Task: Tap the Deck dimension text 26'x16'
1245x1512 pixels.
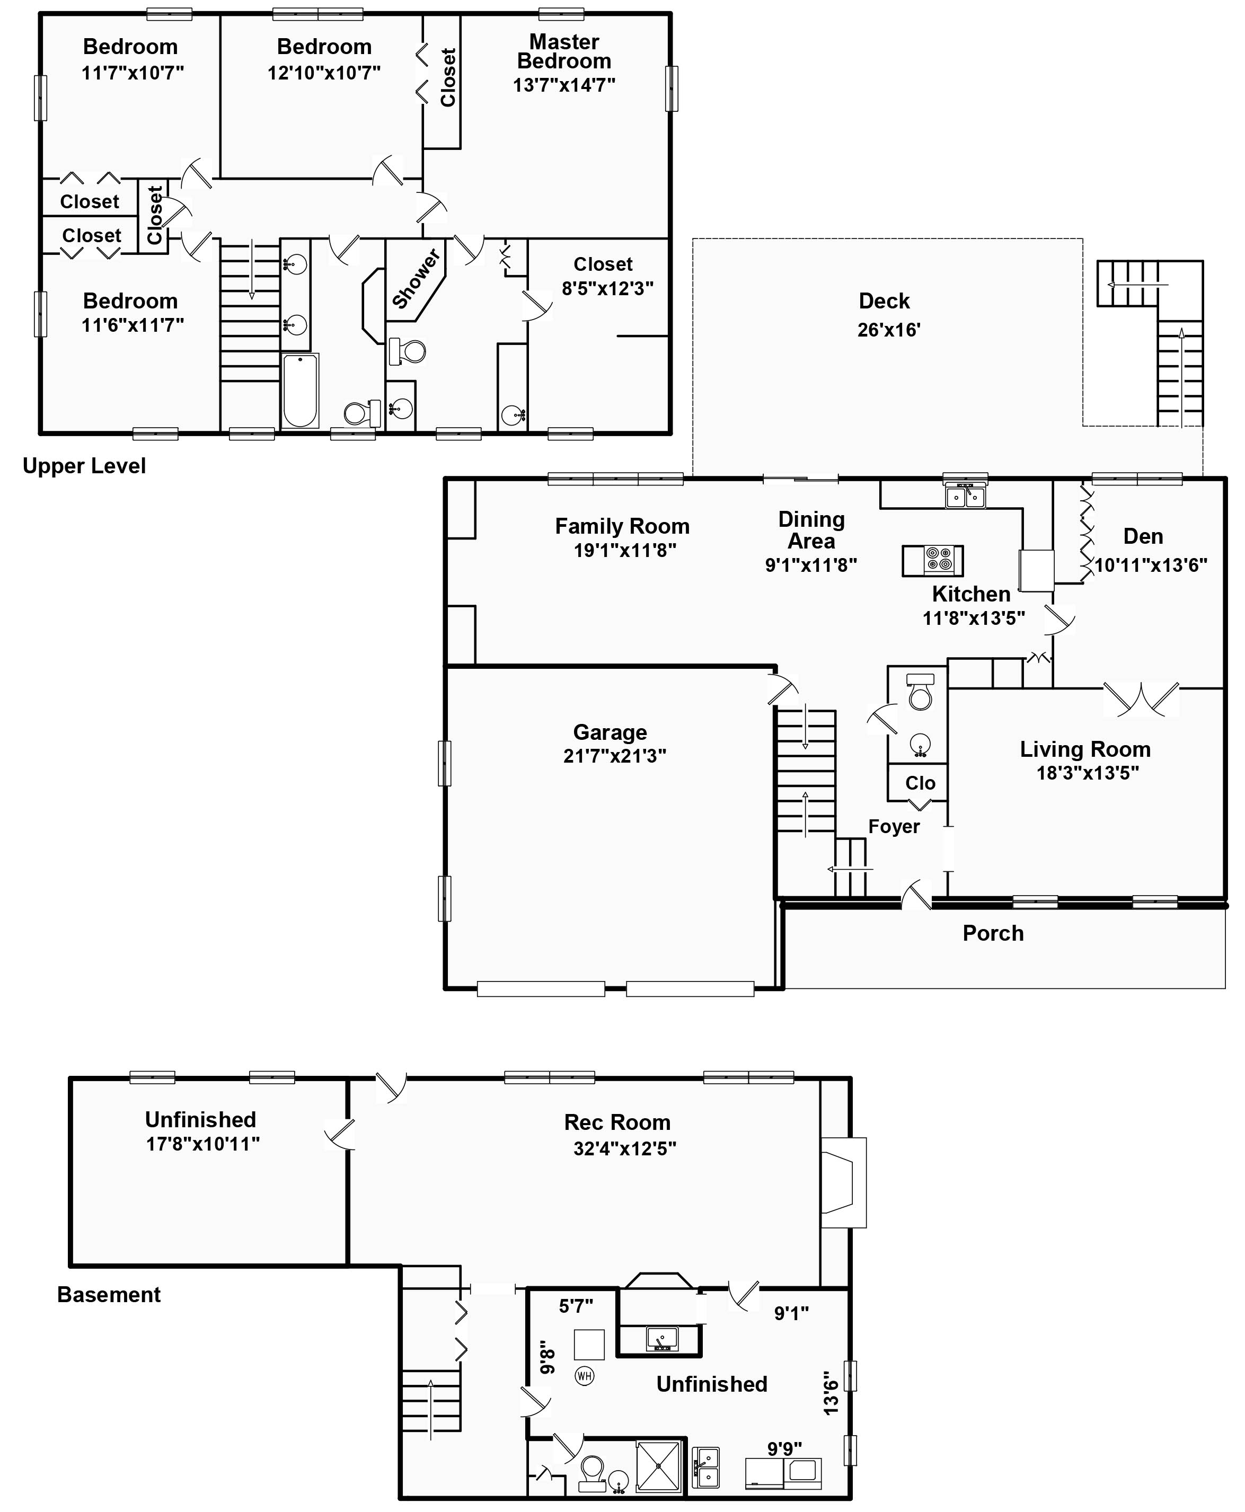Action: tap(889, 330)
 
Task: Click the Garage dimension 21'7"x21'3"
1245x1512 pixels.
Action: tap(615, 756)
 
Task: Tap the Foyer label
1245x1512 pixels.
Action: tap(894, 827)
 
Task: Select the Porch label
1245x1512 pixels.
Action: tap(993, 933)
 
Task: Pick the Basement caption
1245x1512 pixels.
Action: tap(109, 1295)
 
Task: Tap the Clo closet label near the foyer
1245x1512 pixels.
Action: tap(920, 783)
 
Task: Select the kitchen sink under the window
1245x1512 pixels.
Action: tap(965, 496)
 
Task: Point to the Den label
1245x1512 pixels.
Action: tap(1143, 536)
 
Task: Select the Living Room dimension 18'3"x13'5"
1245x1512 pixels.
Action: tap(1087, 773)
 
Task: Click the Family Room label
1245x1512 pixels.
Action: tap(622, 526)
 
